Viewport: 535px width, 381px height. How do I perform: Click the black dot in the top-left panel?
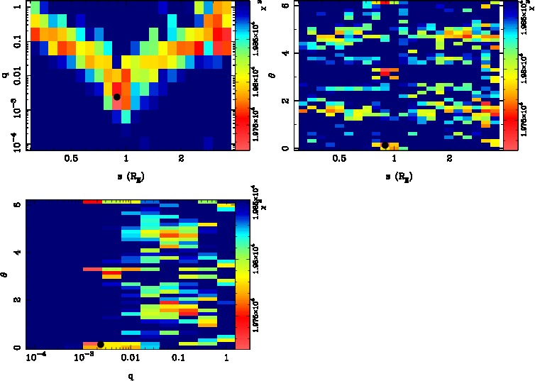pyautogui.click(x=117, y=96)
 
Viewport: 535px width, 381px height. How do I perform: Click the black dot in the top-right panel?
pyautogui.click(x=385, y=145)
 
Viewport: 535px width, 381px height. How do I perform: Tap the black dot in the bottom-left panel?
pyautogui.click(x=100, y=344)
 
